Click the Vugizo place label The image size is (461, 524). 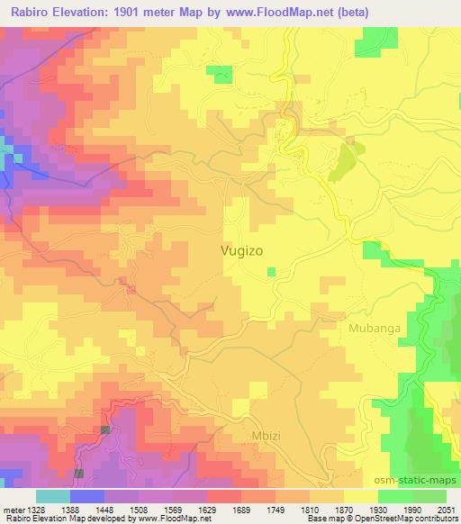242,252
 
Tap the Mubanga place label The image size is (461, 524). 374,329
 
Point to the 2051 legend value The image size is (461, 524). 446,509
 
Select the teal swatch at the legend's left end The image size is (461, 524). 53,496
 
